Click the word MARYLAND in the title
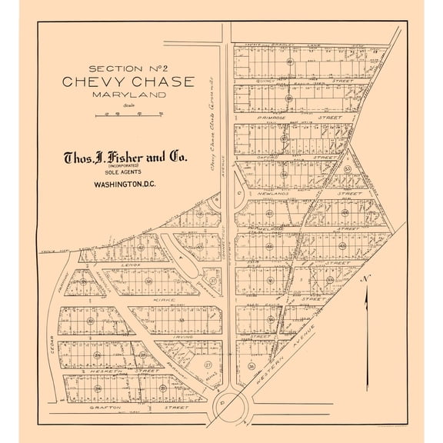click(x=128, y=94)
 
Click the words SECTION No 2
click(x=129, y=68)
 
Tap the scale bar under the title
click(x=128, y=114)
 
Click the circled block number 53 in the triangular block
click(x=348, y=169)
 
